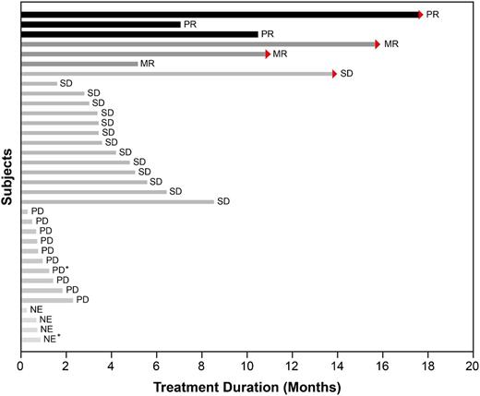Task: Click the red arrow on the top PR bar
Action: point(420,15)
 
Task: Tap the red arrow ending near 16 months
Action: point(377,44)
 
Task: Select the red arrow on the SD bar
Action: point(334,74)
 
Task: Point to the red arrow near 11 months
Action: point(268,54)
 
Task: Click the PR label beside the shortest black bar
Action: point(189,24)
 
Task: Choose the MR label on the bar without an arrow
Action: point(147,64)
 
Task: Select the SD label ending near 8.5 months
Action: point(222,201)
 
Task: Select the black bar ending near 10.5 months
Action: point(138,34)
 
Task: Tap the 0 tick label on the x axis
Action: point(20,366)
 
